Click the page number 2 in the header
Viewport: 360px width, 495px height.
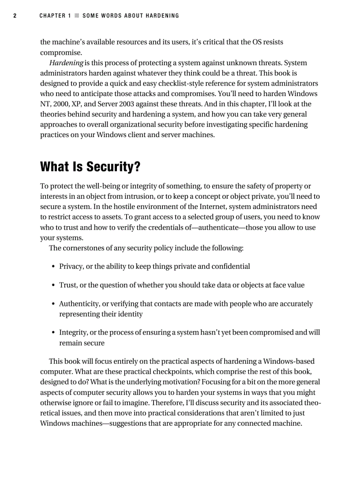pos(15,16)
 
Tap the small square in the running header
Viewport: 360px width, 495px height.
pos(76,16)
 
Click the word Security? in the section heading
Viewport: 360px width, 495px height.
pos(113,167)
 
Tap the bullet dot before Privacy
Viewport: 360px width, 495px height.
pos(53,267)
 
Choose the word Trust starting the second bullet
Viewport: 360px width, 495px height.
pos(67,285)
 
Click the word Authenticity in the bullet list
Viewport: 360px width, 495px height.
pos(77,304)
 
